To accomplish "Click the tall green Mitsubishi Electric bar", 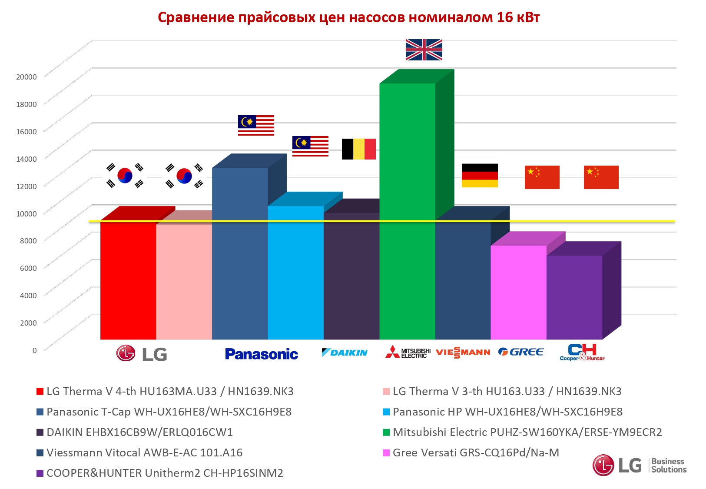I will point(407,209).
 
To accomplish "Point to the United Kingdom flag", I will point(424,50).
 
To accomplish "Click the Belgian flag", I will point(358,149).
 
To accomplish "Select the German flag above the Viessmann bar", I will point(480,176).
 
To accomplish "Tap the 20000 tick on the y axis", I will point(27,77).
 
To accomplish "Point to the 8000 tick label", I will point(28,241).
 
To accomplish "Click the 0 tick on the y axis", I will point(35,350).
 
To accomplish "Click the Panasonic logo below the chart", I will point(262,354).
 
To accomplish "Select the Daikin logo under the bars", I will point(345,353).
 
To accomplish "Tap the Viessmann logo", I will point(463,353).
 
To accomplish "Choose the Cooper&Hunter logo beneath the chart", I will point(582,353).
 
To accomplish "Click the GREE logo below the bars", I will point(521,352).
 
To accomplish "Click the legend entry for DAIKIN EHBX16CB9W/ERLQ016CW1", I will point(139,432).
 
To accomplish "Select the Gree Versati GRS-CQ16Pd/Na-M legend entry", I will point(476,453).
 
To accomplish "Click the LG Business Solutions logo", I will point(640,465).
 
